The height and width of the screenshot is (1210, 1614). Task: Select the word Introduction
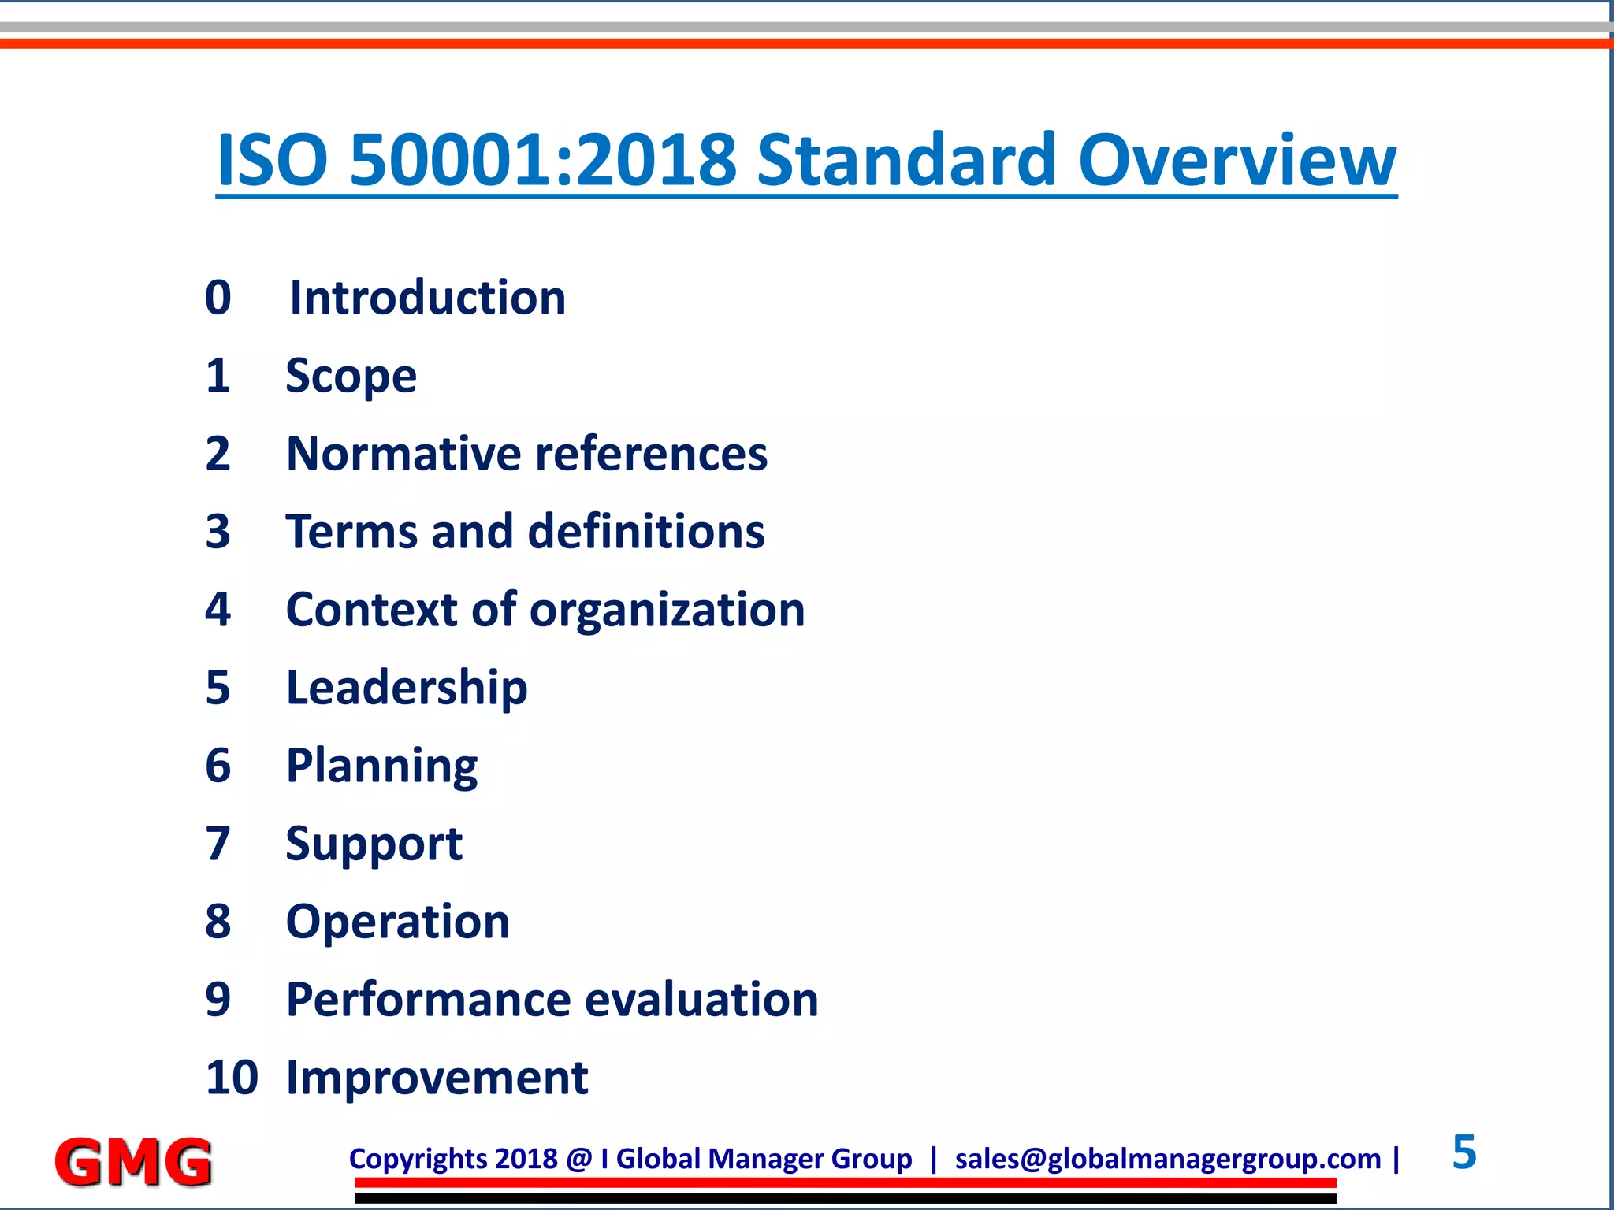[x=428, y=298]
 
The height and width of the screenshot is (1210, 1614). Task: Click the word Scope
[x=351, y=376]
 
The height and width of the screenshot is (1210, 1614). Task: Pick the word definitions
[x=646, y=532]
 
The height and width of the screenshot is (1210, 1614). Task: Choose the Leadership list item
[x=407, y=688]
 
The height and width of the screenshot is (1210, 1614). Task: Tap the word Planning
[x=381, y=766]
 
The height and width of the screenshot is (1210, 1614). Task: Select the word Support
[x=374, y=844]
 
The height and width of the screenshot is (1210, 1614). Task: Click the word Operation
[x=398, y=922]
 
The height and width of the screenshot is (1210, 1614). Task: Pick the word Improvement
[x=437, y=1078]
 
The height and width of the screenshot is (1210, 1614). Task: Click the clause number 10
[x=231, y=1078]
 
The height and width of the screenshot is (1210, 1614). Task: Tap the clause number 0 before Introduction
[x=218, y=298]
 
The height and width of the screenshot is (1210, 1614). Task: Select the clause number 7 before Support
[x=218, y=844]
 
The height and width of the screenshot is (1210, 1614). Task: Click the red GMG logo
[x=133, y=1161]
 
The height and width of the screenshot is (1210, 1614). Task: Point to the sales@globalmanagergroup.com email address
[x=1168, y=1159]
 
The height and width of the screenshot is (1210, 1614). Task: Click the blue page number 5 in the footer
[x=1463, y=1152]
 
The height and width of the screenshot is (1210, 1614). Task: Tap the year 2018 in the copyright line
[x=526, y=1159]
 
